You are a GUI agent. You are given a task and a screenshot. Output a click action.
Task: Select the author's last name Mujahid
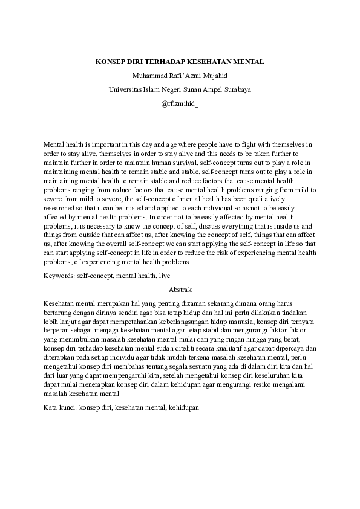(x=213, y=76)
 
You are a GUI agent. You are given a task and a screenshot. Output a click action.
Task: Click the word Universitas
(x=126, y=89)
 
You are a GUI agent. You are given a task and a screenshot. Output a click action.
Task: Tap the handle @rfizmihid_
(x=180, y=103)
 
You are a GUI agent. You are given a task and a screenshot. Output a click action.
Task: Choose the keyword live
(x=165, y=276)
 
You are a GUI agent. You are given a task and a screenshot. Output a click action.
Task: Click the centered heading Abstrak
(x=180, y=289)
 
